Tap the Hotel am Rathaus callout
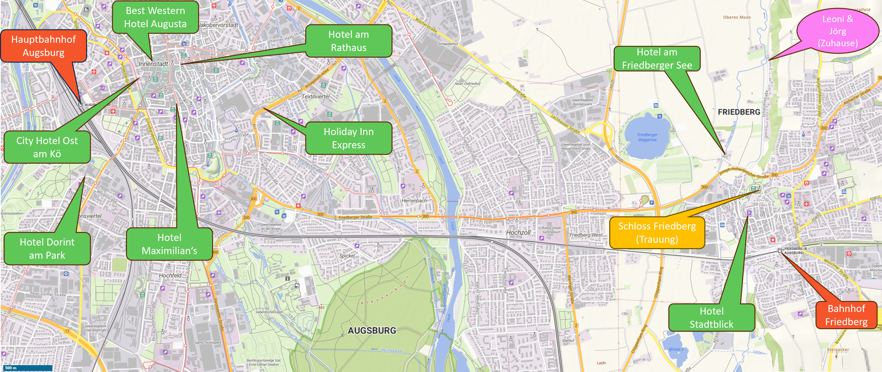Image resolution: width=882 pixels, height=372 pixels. pos(348,41)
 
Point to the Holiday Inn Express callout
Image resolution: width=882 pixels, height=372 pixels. pos(348,138)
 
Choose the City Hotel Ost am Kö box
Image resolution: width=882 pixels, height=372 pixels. pos(47,147)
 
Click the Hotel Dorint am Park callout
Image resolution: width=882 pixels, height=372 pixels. pos(47,249)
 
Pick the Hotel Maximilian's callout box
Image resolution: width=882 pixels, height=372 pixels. pos(169,244)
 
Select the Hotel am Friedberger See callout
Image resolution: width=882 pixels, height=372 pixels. pos(657,58)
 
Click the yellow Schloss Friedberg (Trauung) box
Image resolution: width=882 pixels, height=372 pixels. pos(657,233)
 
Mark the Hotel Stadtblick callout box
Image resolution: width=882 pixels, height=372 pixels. pos(712,318)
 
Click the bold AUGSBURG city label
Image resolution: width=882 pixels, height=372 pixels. pos(372,331)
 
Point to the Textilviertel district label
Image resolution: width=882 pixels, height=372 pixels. pos(315,96)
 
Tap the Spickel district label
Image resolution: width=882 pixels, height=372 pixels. pos(347,256)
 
